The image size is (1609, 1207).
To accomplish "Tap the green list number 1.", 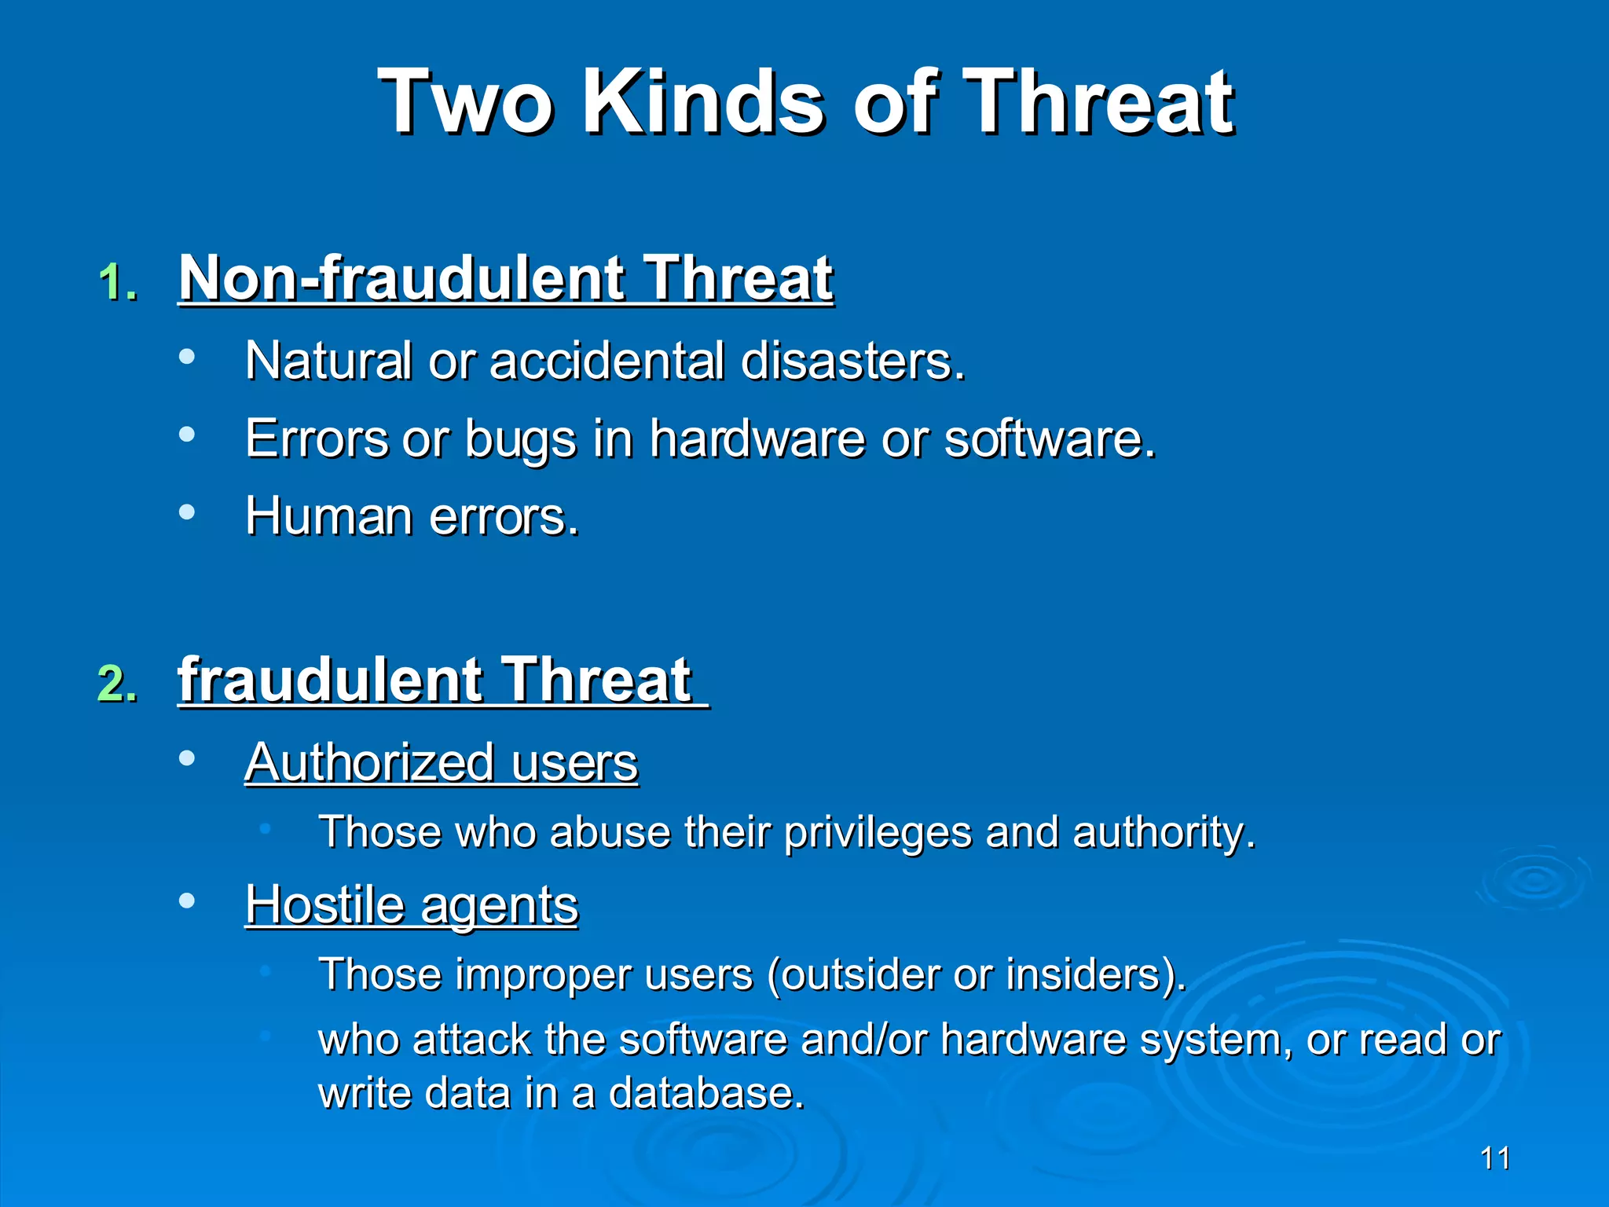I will pos(118,282).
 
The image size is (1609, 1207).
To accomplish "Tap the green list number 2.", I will pos(118,683).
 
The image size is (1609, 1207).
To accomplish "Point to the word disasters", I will pos(852,361).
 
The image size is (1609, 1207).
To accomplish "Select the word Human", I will pos(328,517).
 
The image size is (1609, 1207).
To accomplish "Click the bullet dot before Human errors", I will pos(187,512).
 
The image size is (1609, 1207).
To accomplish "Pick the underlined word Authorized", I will pos(369,762).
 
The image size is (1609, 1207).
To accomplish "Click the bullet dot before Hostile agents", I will pos(187,900).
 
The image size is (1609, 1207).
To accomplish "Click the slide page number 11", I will pos(1495,1158).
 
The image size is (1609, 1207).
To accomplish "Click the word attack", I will pos(471,1040).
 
